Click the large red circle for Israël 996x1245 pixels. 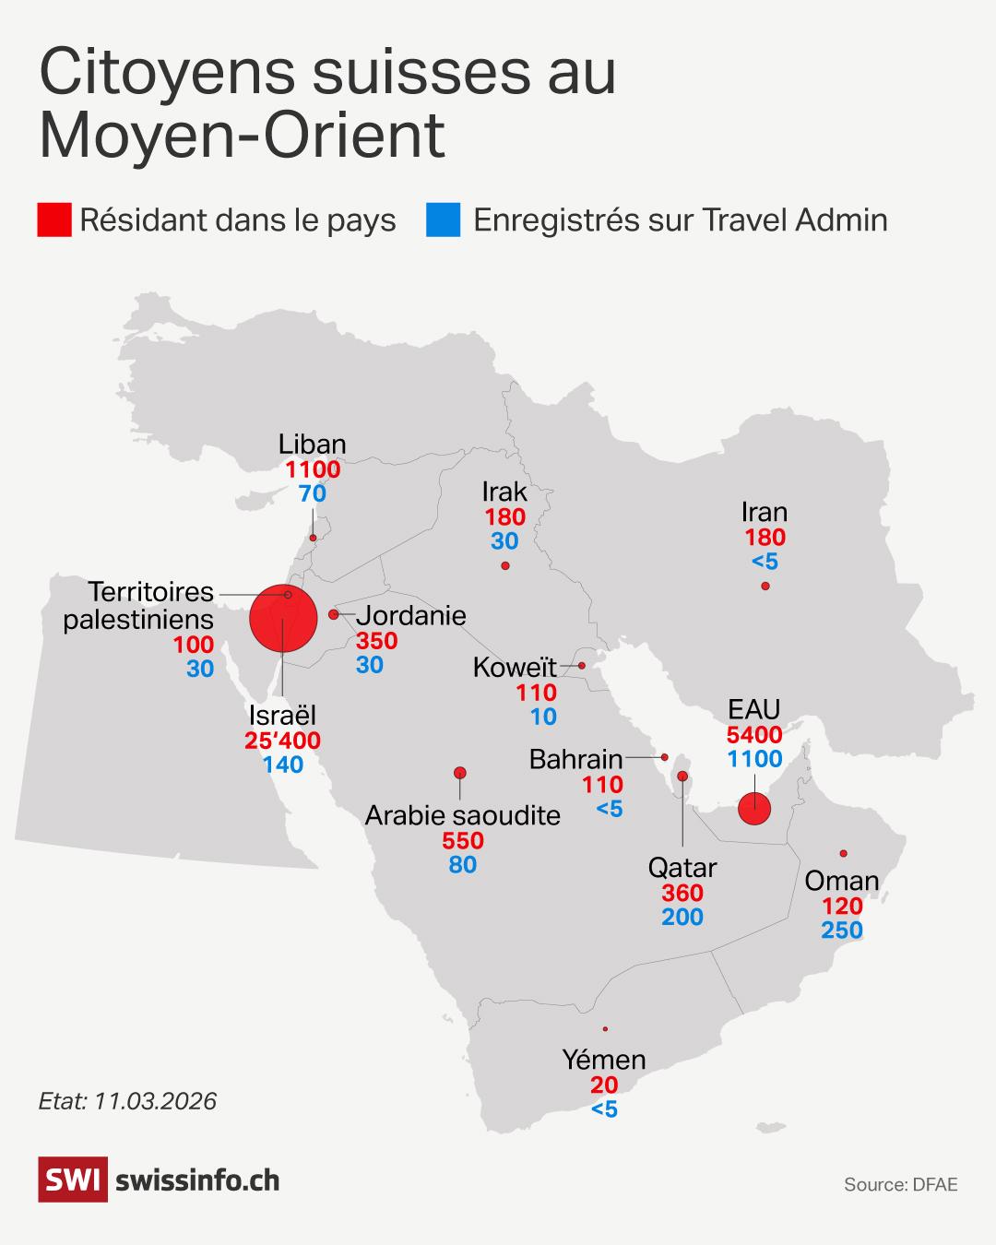[x=283, y=618]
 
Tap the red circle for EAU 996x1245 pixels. [x=754, y=809]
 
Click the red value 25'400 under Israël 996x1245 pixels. [x=282, y=741]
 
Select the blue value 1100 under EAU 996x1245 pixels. [x=754, y=759]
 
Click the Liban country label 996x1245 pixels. [x=313, y=445]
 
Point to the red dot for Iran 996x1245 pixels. [x=765, y=586]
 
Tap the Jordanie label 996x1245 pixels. [x=411, y=615]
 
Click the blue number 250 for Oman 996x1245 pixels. [x=842, y=931]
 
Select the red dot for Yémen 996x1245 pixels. [x=605, y=1029]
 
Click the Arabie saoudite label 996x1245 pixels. [x=463, y=815]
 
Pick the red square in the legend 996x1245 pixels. [x=54, y=220]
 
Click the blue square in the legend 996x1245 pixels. [x=443, y=220]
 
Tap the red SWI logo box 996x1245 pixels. [x=73, y=1180]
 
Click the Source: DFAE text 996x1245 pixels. [x=900, y=1185]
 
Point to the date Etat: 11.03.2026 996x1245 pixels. [x=127, y=1101]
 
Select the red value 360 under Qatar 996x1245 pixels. [x=682, y=894]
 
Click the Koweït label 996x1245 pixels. [x=515, y=667]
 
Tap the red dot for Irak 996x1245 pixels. [x=505, y=565]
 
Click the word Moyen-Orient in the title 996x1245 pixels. [x=243, y=136]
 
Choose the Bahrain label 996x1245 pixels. [x=576, y=759]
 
